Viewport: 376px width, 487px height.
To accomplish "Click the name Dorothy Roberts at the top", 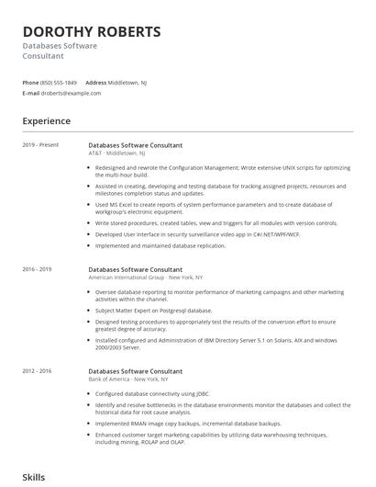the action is (x=92, y=32).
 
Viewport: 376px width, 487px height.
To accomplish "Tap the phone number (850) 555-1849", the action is (x=59, y=83).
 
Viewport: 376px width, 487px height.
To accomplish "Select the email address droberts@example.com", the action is (x=72, y=93).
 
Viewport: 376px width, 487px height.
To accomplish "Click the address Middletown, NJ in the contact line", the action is (x=127, y=83).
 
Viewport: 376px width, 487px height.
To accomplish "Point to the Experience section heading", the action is (x=47, y=120).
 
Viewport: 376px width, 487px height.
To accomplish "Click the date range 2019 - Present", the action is (x=40, y=144).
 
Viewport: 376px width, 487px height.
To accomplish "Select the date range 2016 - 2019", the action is (x=38, y=269).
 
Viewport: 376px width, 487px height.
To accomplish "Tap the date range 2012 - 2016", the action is (x=38, y=371).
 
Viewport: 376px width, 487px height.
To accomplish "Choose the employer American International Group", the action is (x=126, y=277).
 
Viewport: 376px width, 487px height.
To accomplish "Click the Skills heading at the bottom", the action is (x=34, y=477).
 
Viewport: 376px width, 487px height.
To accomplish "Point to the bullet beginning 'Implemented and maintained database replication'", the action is (x=161, y=245).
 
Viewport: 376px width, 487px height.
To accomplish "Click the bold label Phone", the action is (x=31, y=83).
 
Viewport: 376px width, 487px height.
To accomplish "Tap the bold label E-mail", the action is (x=31, y=93).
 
